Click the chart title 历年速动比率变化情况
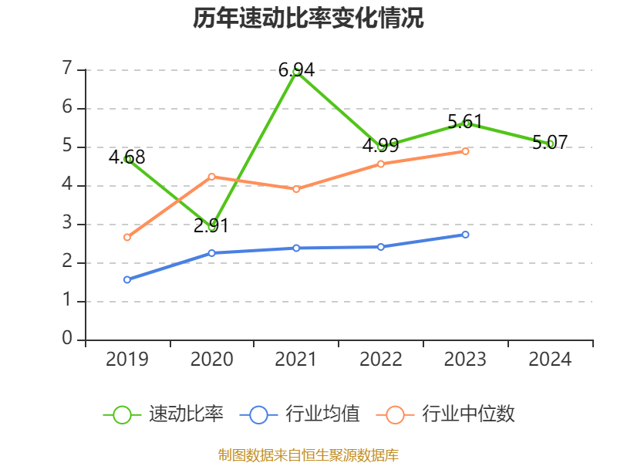pos(308,19)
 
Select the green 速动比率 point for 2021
pos(296,72)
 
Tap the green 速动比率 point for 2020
pos(211,227)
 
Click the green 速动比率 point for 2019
pos(127,159)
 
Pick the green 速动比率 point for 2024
pos(551,144)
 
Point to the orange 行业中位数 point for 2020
pos(211,177)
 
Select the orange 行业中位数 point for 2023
pos(466,151)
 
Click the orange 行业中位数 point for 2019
pos(127,238)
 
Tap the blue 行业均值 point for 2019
pos(127,279)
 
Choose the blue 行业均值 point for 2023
pos(466,235)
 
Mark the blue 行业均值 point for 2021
pos(296,248)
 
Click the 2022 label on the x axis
pos(381,360)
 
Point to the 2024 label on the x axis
pos(551,360)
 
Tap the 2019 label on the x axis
pos(127,360)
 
